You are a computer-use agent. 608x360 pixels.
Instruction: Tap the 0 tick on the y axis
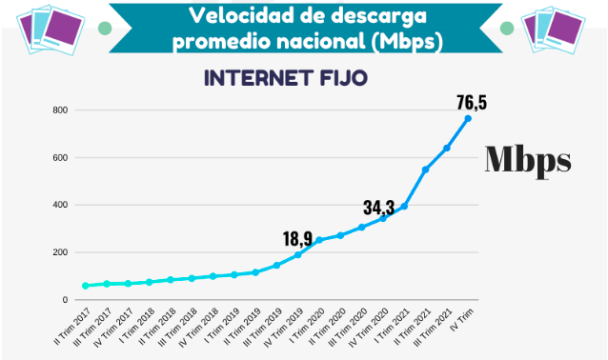65,300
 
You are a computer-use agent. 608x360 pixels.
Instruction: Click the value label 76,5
470,102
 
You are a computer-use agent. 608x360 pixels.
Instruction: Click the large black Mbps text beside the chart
528,159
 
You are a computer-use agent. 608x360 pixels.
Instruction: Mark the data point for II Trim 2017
86,286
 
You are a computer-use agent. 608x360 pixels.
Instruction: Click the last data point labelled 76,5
468,118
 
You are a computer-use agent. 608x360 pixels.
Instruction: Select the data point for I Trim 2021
404,206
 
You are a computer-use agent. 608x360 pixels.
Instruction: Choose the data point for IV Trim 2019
297,254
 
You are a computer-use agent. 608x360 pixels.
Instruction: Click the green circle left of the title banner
105,28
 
